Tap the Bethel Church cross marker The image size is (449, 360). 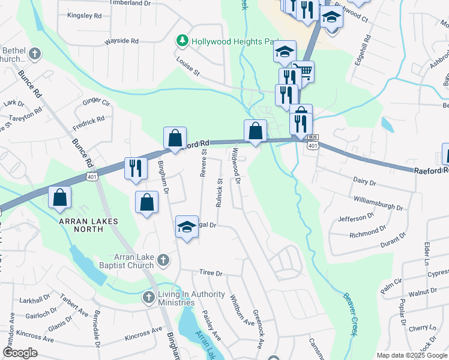[35, 53]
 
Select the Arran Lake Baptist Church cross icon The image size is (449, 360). [164, 260]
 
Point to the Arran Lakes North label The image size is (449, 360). [88, 221]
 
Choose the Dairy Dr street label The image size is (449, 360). [364, 181]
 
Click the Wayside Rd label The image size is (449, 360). [122, 41]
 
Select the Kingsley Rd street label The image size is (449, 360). [85, 16]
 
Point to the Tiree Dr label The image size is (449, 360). [211, 273]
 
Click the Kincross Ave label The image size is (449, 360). [143, 334]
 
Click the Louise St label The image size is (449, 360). [188, 66]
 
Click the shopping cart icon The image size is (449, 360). [306, 73]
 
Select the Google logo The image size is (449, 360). [20, 353]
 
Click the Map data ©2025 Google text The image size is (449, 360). [411, 355]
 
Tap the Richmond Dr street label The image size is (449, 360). [368, 231]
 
